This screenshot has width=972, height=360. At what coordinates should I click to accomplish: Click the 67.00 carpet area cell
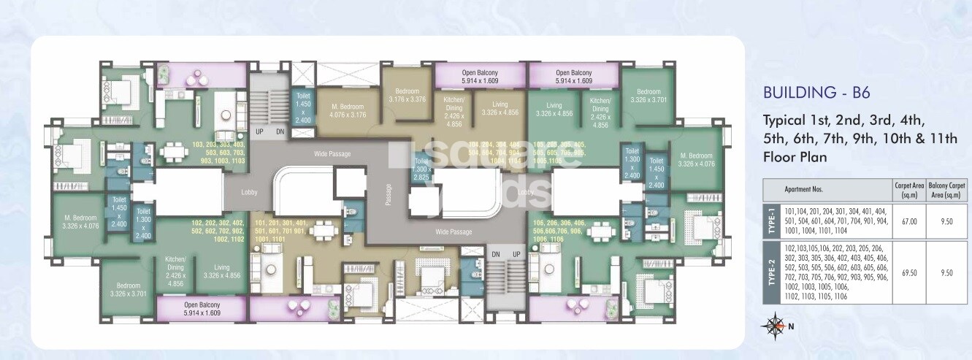pyautogui.click(x=908, y=221)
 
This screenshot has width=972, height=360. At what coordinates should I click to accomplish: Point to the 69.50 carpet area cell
pyautogui.click(x=908, y=272)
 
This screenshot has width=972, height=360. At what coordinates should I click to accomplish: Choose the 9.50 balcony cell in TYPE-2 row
pyautogui.click(x=946, y=272)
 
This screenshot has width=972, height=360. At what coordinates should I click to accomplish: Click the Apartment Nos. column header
pyautogui.click(x=804, y=189)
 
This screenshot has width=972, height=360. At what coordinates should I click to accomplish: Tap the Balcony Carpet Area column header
pyautogui.click(x=946, y=189)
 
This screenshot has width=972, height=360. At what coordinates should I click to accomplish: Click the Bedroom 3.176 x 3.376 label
pyautogui.click(x=406, y=96)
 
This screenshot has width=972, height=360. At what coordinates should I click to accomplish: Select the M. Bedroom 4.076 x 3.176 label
pyautogui.click(x=347, y=110)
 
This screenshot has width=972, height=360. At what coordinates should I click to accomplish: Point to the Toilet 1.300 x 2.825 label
pyautogui.click(x=420, y=169)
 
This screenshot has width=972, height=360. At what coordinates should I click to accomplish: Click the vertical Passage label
pyautogui.click(x=389, y=196)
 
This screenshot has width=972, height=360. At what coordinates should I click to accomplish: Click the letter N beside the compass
pyautogui.click(x=790, y=326)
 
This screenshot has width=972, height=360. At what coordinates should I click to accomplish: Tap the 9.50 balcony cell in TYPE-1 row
pyautogui.click(x=946, y=221)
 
